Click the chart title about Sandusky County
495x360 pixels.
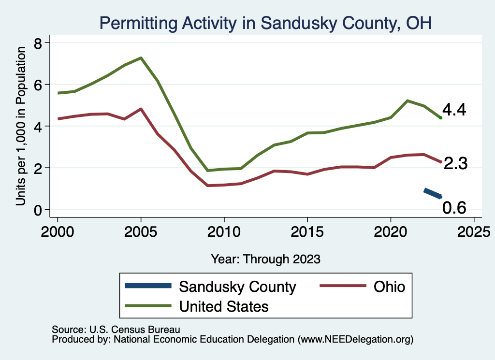(x=265, y=23)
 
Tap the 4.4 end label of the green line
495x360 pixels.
(x=454, y=110)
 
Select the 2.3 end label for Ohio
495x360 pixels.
(x=455, y=163)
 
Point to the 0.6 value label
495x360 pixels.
(x=454, y=207)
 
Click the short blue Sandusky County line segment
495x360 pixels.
(x=433, y=193)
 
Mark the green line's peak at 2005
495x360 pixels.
(x=141, y=58)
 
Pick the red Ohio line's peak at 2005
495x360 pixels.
(x=141, y=109)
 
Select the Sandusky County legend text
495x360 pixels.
(x=237, y=287)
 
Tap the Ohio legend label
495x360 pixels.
(x=389, y=287)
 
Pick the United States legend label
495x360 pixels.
(x=224, y=306)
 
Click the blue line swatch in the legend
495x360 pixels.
(x=148, y=286)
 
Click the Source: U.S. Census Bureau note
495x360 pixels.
(x=116, y=330)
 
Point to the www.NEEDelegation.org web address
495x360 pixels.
(x=356, y=340)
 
